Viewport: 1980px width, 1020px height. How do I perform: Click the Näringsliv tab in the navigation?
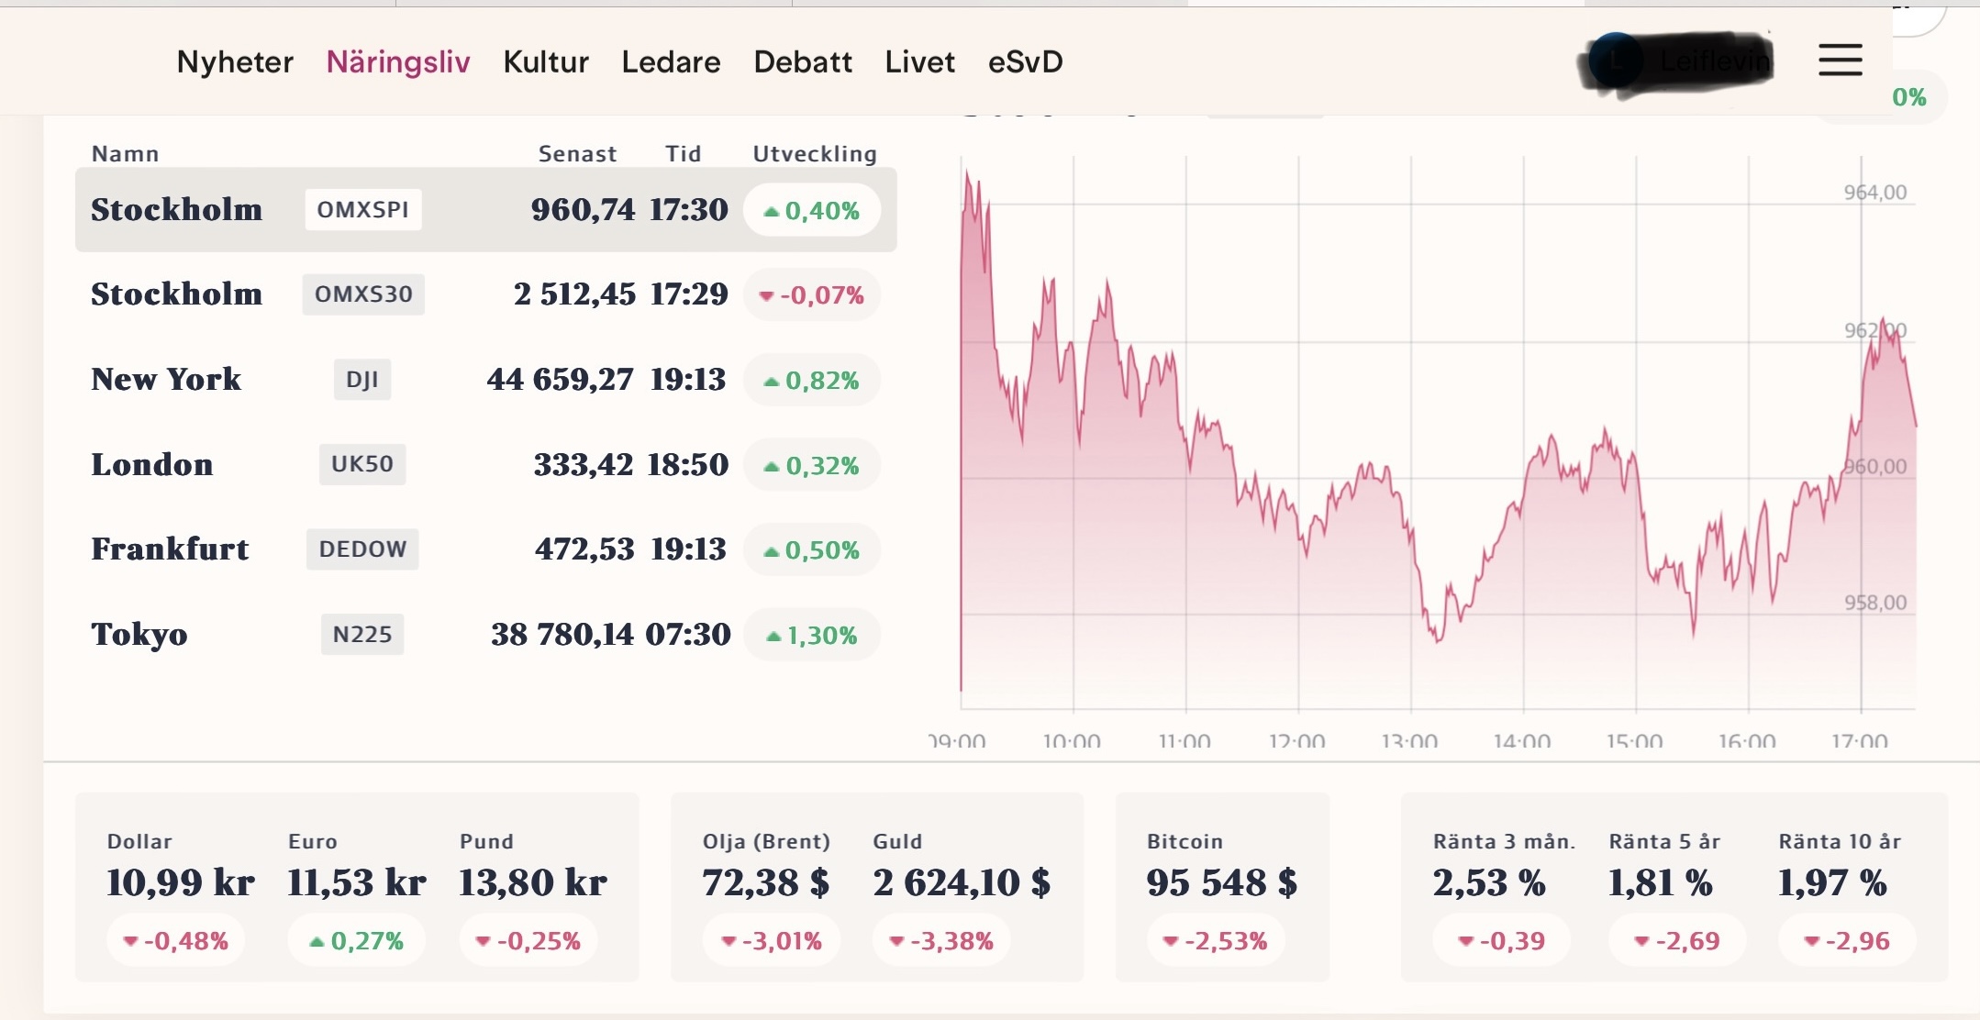(398, 62)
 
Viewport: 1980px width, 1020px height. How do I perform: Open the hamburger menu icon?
(1840, 61)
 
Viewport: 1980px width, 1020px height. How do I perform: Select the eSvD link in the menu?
(1025, 62)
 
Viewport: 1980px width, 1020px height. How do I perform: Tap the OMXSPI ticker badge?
(363, 209)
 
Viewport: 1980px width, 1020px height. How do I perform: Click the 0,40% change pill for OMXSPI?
(812, 211)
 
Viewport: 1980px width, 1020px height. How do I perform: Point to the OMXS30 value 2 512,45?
(574, 294)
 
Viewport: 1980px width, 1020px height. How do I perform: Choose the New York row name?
(166, 380)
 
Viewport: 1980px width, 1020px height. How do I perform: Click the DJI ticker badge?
(362, 380)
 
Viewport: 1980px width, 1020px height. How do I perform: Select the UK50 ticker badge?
(362, 464)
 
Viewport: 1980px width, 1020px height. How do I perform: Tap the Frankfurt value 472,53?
(584, 549)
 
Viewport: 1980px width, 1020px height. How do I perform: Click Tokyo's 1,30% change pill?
(812, 635)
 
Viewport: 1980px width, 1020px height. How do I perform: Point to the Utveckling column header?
(815, 154)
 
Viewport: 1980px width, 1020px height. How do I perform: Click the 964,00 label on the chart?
(1874, 193)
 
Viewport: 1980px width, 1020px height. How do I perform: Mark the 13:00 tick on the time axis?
(1409, 740)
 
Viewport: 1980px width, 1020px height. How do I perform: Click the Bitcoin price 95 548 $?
(1221, 882)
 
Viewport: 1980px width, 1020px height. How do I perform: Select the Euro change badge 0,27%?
(357, 940)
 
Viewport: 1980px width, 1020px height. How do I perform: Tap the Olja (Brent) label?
(766, 841)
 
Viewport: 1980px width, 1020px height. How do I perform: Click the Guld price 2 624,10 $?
(962, 882)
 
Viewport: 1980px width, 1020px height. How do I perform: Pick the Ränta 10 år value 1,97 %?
(1832, 882)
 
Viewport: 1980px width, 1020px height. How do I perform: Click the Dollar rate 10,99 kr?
(181, 882)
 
